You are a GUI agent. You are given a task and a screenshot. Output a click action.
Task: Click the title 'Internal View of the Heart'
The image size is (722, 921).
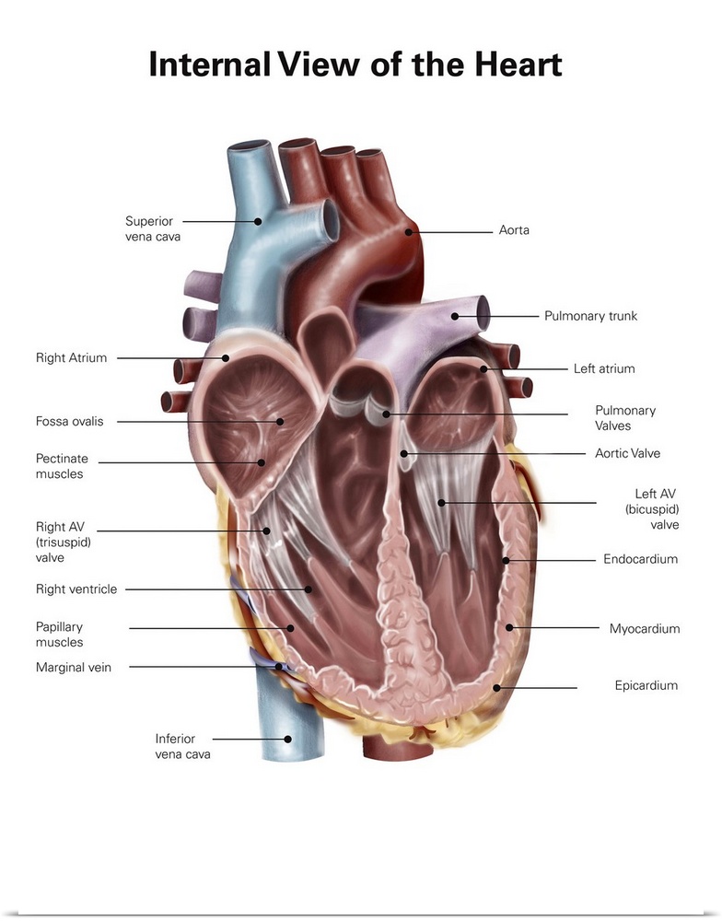355,66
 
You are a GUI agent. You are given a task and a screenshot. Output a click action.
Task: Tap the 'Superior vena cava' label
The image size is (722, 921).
152,228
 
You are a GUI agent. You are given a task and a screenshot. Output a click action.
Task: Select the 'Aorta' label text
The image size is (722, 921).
514,230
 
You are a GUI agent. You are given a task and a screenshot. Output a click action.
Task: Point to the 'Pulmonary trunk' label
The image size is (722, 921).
590,316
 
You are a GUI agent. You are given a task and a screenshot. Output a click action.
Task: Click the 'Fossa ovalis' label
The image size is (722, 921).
70,422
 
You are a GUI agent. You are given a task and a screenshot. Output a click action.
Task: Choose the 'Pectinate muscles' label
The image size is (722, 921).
62,466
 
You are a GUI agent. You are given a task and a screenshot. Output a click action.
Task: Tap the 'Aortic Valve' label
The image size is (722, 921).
627,453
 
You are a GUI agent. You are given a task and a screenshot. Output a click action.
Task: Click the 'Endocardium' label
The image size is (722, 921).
640,559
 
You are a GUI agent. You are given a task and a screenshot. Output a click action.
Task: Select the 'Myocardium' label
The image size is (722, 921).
644,629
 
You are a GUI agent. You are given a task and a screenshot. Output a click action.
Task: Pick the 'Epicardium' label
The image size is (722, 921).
646,685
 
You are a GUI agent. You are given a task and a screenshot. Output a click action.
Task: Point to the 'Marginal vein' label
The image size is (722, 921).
74,667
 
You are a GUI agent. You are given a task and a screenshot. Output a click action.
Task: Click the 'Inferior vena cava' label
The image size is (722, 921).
182,746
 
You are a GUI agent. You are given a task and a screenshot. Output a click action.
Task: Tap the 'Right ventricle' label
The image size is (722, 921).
76,589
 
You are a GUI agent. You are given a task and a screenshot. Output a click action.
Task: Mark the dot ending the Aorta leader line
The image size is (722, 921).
408,232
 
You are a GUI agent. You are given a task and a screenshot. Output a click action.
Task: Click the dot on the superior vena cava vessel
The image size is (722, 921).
259,221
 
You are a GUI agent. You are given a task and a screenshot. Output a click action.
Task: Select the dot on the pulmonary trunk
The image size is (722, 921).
454,317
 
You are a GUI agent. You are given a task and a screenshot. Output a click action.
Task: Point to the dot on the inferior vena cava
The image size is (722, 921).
288,739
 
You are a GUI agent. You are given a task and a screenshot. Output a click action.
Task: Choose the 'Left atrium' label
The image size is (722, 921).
604,368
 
